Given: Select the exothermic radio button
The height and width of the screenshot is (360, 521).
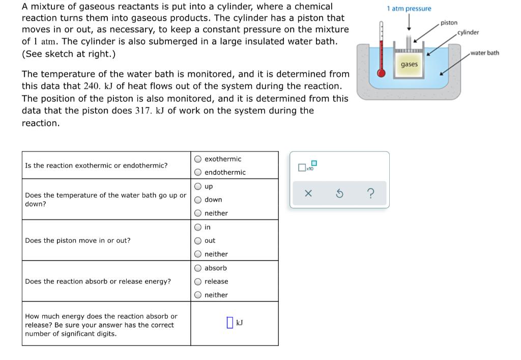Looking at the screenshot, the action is pos(197,159).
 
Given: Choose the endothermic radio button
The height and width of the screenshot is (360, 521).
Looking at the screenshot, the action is pos(197,172).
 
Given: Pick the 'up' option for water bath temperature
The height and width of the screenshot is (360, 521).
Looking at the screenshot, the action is pos(197,186).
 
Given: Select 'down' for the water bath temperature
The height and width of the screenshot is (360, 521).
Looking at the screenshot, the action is pos(197,200).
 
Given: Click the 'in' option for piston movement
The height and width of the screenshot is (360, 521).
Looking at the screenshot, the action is pos(197,227).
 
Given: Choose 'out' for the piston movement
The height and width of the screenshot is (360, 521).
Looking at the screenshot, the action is pos(197,240).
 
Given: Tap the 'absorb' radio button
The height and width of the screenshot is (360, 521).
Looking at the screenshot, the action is pos(197,268).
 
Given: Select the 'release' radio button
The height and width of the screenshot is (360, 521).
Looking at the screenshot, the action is pos(197,281).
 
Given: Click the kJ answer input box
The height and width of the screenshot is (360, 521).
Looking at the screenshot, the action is pos(230,323).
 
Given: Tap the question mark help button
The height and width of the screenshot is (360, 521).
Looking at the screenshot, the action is pos(370,193).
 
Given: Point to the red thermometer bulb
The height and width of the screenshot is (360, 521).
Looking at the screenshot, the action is pos(381,72).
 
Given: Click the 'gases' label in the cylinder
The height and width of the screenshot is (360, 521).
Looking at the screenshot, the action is pos(409,64).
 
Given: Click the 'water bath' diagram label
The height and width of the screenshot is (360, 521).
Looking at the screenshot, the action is pos(484,53).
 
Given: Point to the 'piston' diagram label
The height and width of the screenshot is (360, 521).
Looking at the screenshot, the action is pos(449,23).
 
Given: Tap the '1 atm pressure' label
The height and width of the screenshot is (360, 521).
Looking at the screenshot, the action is pos(409,9).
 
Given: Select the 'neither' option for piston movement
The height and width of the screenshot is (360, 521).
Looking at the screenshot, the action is pos(197,254).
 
